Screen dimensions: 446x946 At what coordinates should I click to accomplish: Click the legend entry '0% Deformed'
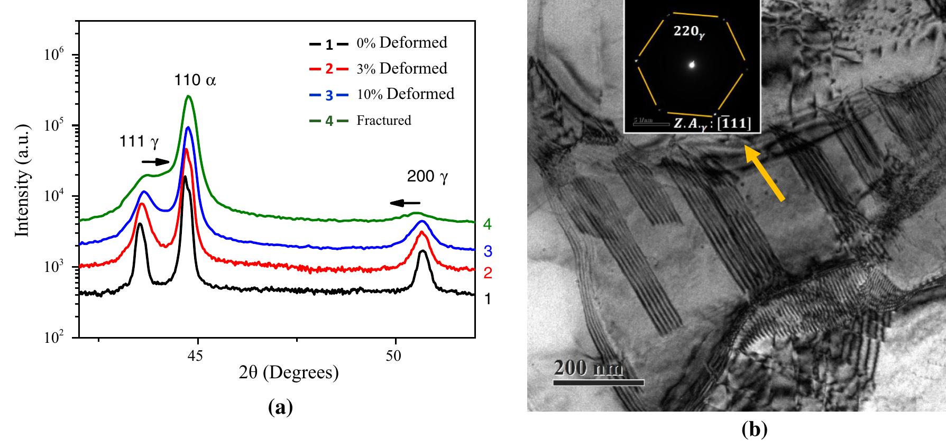[x=413, y=42]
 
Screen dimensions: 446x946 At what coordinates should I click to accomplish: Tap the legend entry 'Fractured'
[x=383, y=120]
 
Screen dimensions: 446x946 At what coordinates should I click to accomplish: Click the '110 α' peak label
[x=195, y=80]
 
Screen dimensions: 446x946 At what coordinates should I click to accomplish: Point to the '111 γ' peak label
[x=139, y=141]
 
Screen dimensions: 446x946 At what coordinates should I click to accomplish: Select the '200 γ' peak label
[x=427, y=177]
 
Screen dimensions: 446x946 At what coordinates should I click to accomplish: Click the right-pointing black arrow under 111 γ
[x=155, y=161]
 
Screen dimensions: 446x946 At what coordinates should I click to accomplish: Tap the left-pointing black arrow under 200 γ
[x=405, y=203]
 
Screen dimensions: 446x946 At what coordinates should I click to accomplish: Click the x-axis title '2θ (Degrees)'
[x=289, y=373]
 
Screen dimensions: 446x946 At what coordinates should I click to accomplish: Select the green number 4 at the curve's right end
[x=487, y=225]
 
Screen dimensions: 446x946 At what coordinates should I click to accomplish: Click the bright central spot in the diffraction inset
[x=692, y=65]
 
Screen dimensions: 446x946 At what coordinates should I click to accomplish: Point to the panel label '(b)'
[x=754, y=430]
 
